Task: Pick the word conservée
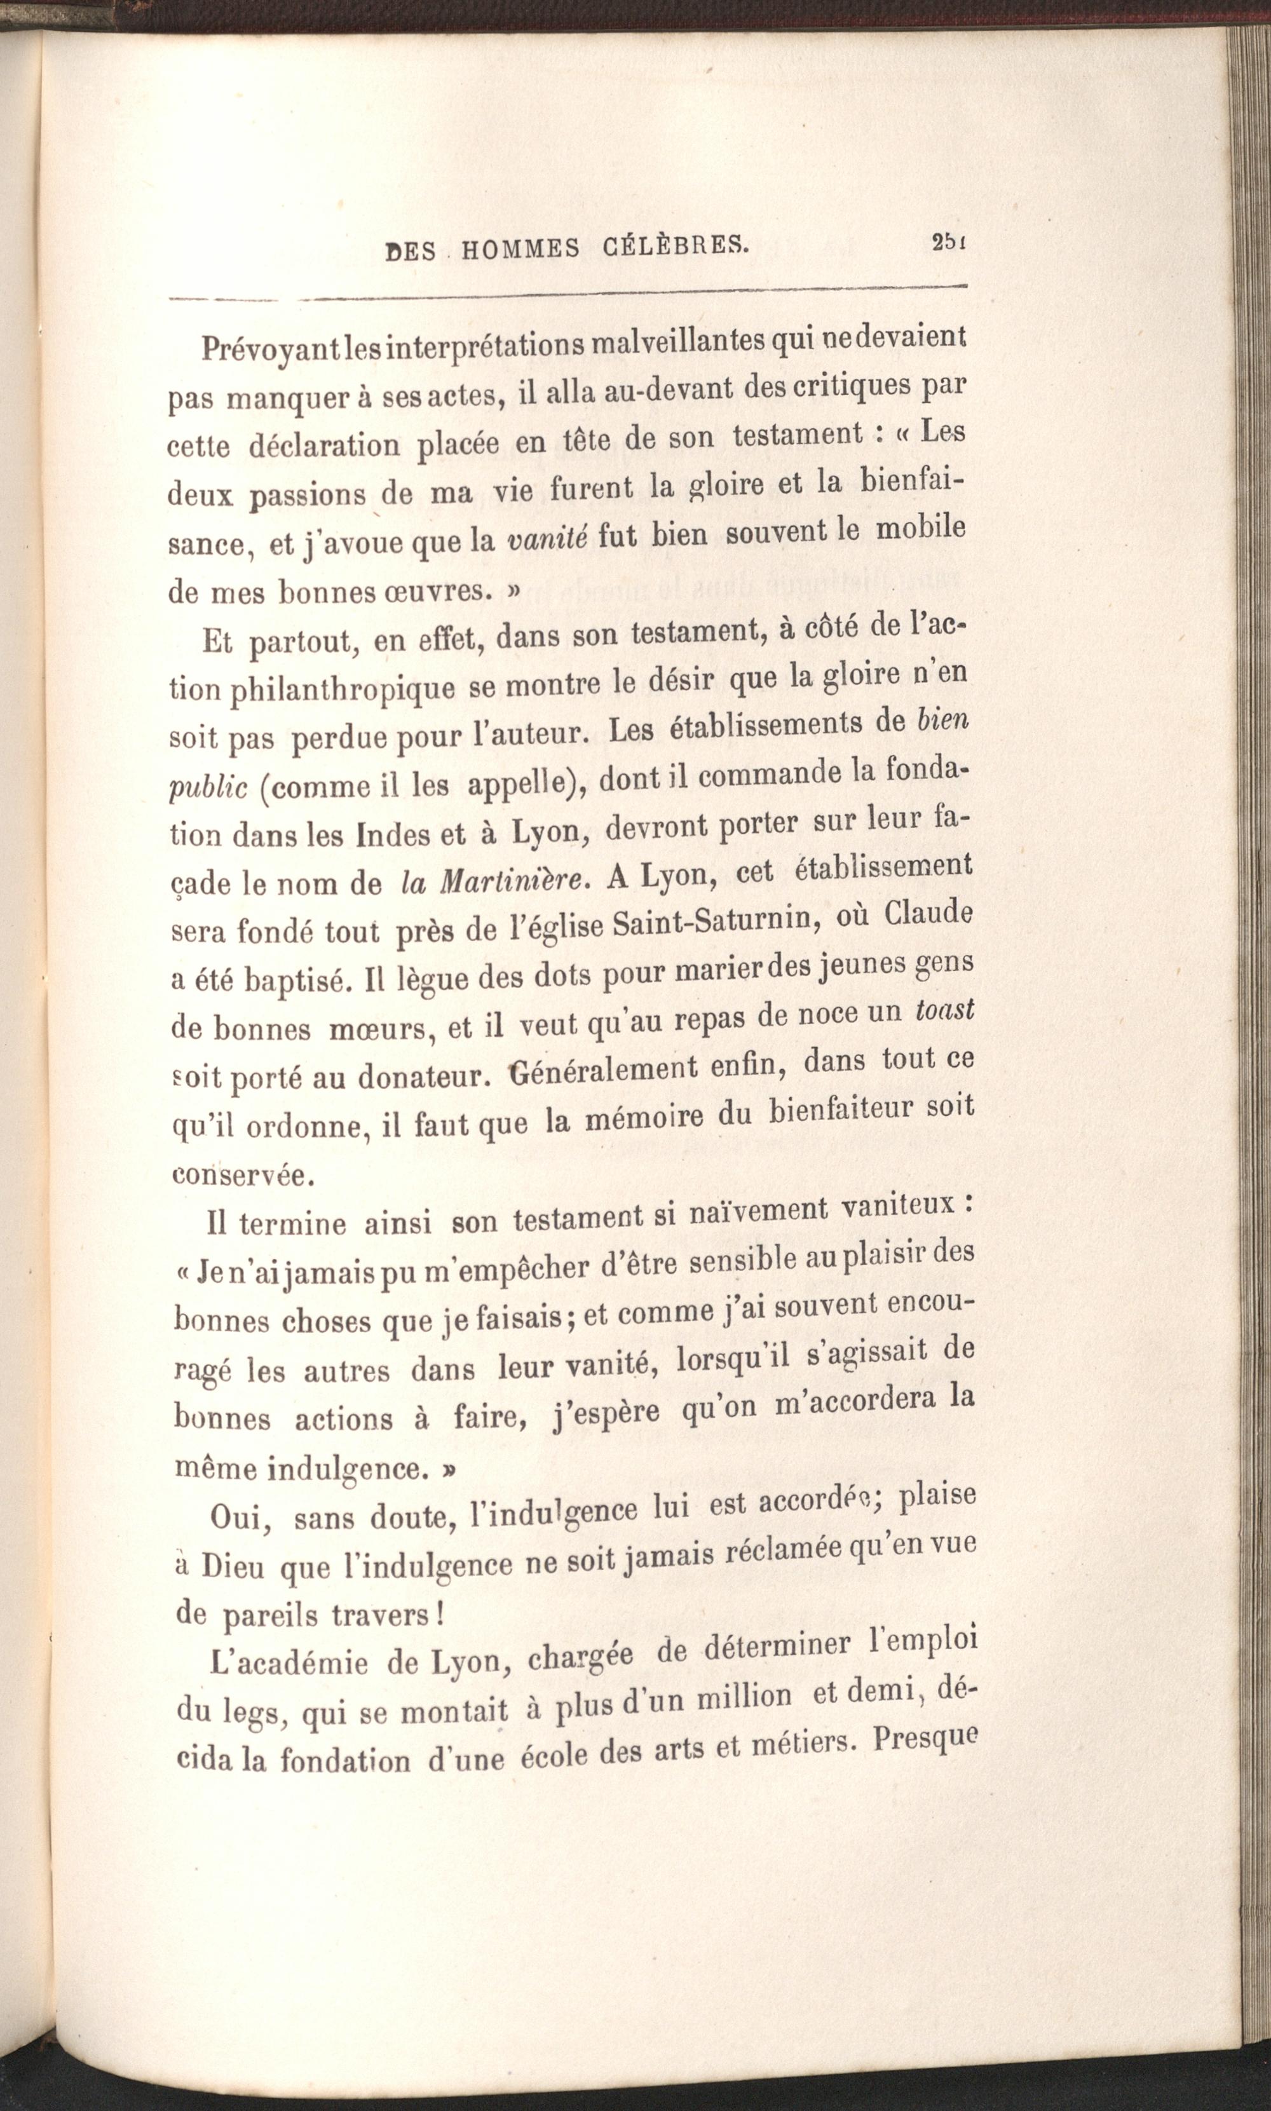pos(239,1174)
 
